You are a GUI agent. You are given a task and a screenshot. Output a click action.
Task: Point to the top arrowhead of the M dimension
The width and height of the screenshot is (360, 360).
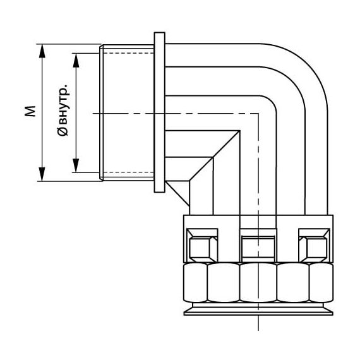click(43, 48)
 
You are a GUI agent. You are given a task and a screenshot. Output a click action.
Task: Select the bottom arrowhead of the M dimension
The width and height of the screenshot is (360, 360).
click(43, 177)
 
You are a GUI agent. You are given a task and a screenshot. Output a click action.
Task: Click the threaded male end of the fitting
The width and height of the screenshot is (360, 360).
click(127, 113)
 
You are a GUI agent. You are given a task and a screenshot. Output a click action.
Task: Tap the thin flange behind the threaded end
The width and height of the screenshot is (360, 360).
click(159, 113)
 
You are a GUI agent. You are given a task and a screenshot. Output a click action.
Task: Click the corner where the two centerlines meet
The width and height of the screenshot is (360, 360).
click(259, 113)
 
